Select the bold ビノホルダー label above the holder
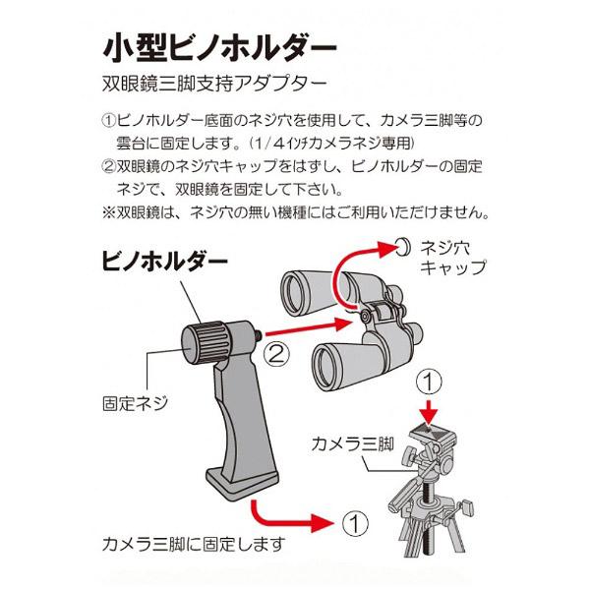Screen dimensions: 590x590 point(164,264)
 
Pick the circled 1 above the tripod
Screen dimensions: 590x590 point(425,379)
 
